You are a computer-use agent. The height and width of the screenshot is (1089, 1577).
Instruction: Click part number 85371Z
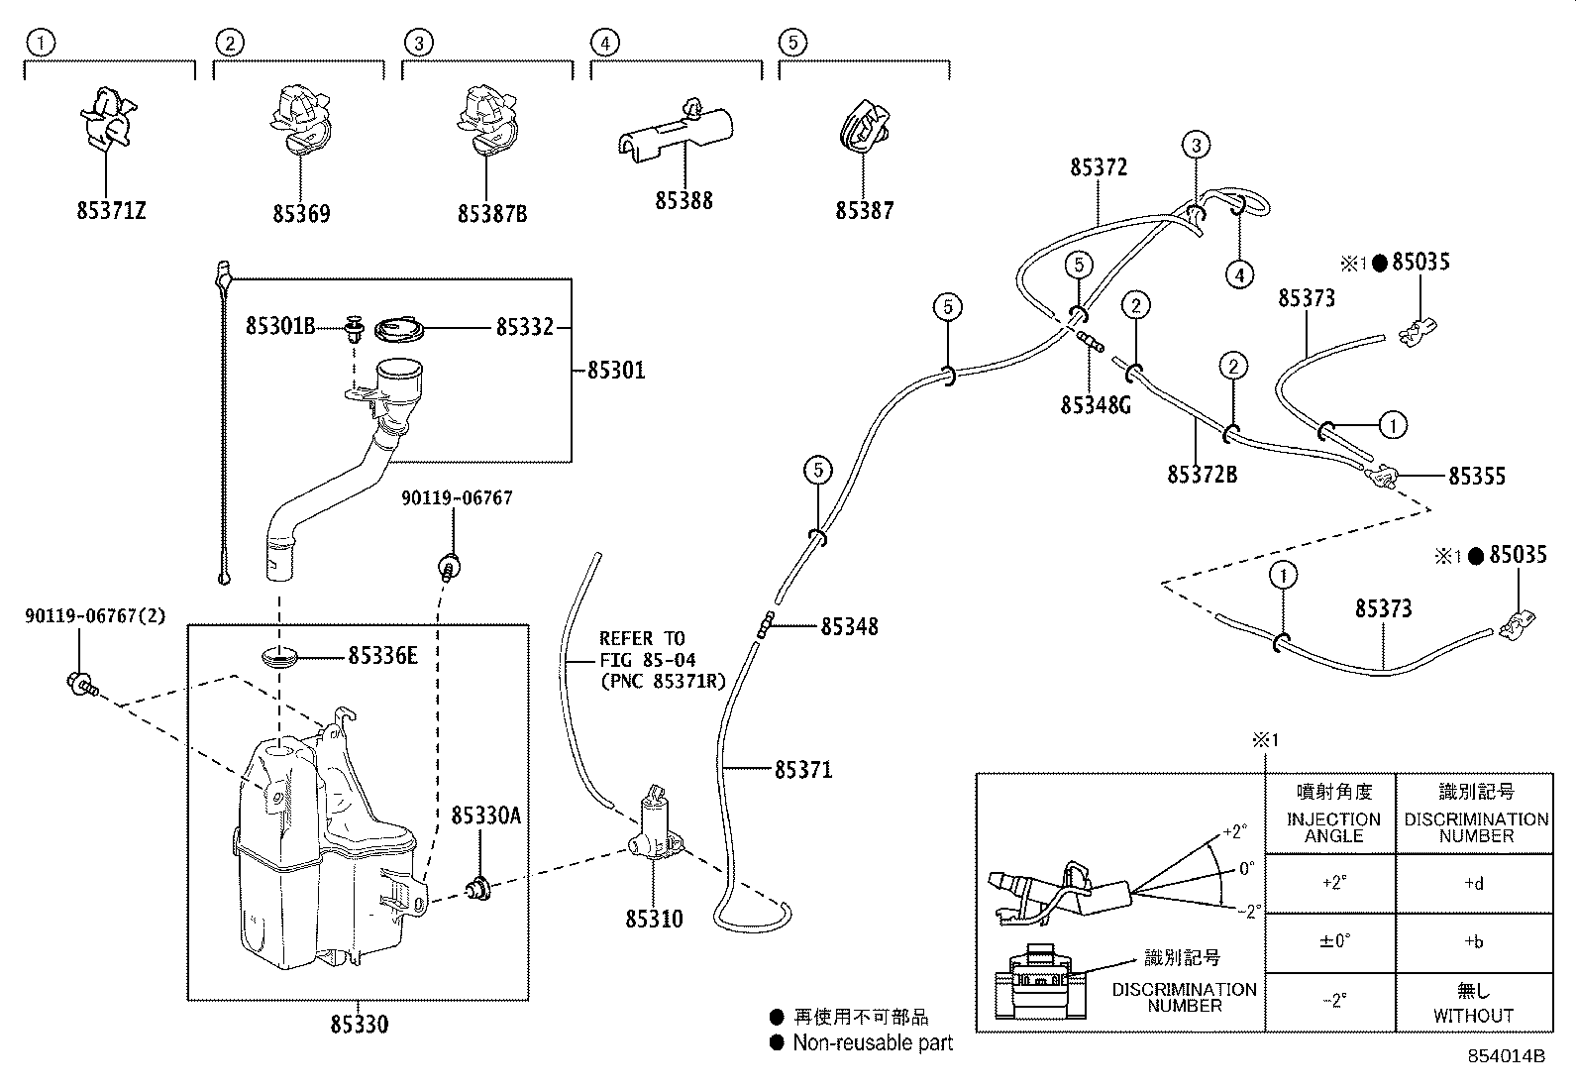point(111,211)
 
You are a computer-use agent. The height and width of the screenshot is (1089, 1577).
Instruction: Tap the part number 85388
point(683,201)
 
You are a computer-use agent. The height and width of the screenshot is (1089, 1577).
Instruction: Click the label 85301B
point(279,325)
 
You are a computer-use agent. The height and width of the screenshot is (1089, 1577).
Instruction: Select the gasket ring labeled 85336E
point(280,656)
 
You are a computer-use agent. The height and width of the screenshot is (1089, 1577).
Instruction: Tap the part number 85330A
point(485,815)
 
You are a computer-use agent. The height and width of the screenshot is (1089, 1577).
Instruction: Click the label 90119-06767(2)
point(95,616)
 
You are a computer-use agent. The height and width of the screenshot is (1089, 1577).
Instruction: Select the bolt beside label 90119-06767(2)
point(79,683)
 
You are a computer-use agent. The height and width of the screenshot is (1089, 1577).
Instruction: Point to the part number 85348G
point(1095,404)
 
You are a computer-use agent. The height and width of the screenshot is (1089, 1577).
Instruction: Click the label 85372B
point(1202,475)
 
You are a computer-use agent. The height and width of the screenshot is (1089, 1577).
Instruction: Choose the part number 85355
point(1476,477)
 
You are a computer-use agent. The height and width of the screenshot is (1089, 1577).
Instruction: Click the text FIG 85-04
point(647,660)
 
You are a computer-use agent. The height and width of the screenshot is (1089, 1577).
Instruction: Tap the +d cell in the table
point(1473,884)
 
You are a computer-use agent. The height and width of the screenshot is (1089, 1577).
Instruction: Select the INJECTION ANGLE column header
point(1333,826)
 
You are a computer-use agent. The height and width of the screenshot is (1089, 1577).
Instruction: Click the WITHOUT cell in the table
point(1473,1016)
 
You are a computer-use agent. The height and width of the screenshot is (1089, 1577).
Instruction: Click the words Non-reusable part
point(872,1042)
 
